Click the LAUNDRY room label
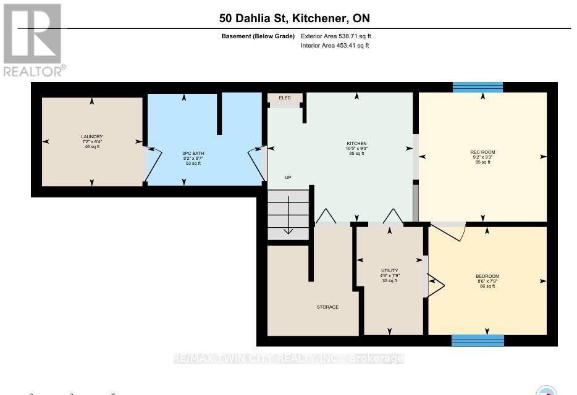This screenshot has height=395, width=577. click(91, 136)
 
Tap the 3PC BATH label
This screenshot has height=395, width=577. click(184, 152)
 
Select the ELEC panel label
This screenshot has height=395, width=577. click(285, 98)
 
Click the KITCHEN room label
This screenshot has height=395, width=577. click(356, 142)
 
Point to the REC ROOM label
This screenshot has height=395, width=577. click(482, 152)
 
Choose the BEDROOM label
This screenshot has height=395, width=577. click(487, 276)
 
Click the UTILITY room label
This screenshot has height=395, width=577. click(389, 270)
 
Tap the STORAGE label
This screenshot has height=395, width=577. click(327, 307)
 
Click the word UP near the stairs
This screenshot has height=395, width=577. click(288, 177)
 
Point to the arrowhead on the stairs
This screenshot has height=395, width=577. click(288, 231)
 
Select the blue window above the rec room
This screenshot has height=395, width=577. click(478, 87)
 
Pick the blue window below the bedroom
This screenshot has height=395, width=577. click(478, 340)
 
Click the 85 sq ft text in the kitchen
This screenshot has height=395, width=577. click(356, 153)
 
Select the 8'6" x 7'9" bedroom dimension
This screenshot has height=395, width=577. click(487, 281)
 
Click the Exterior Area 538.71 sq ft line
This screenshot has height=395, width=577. click(335, 36)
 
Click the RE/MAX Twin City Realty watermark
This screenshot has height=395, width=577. click(288, 359)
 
